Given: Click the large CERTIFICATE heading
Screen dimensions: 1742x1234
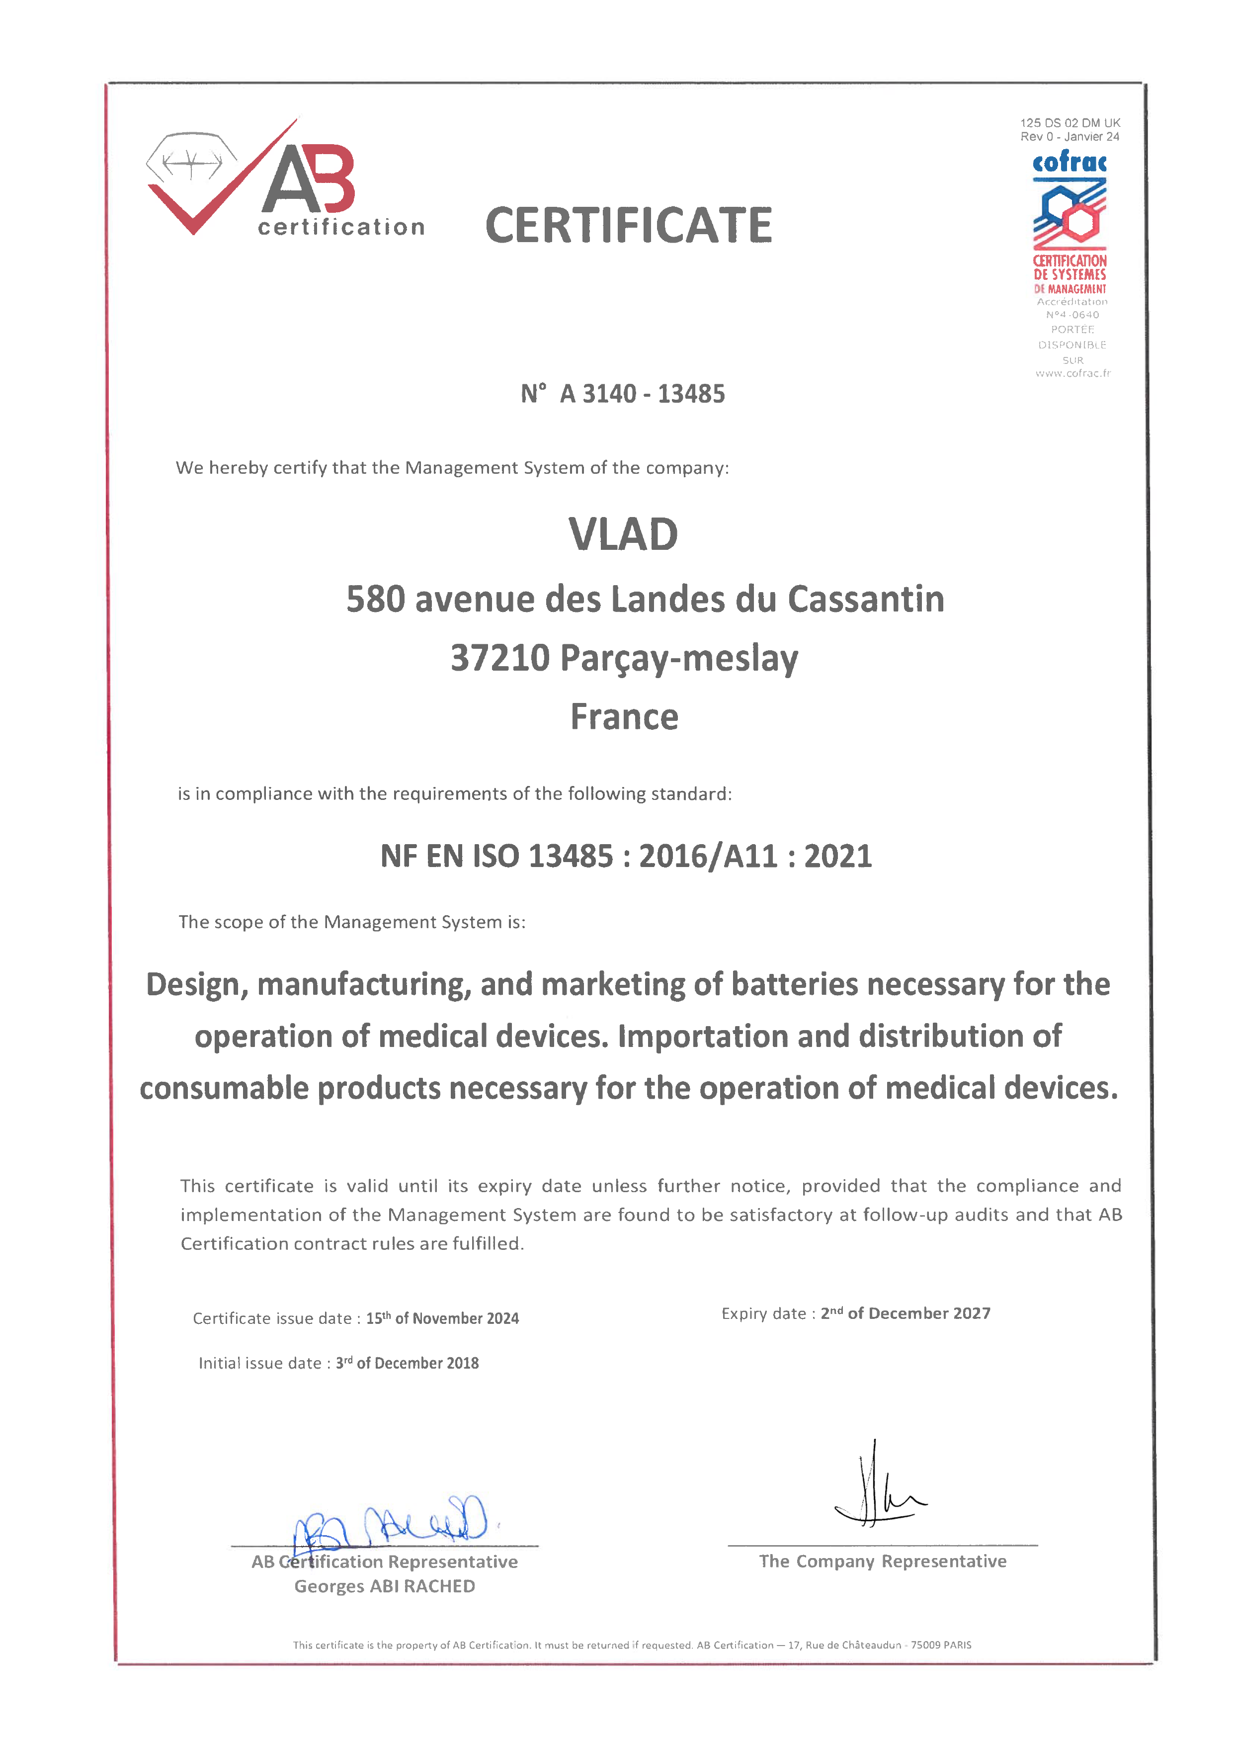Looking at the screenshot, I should click(628, 226).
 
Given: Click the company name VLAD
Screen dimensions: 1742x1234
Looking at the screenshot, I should click(623, 534).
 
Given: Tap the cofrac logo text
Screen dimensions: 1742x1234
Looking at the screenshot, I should click(1069, 162).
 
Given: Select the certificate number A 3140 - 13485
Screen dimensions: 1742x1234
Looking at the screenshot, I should click(642, 394).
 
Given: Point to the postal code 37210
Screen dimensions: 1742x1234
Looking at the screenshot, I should click(500, 658).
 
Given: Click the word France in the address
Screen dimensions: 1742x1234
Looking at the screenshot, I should click(624, 717).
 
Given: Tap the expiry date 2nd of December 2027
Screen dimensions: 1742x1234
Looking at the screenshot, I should click(905, 1313).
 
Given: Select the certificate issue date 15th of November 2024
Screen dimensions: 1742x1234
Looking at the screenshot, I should click(442, 1318).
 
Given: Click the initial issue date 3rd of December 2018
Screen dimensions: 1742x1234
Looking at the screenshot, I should click(408, 1363).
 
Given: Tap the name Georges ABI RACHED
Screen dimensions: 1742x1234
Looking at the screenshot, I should click(385, 1586).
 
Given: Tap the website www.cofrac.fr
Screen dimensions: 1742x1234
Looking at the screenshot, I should click(1072, 373).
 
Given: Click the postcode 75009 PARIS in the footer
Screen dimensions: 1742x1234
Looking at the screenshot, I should click(941, 1645).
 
